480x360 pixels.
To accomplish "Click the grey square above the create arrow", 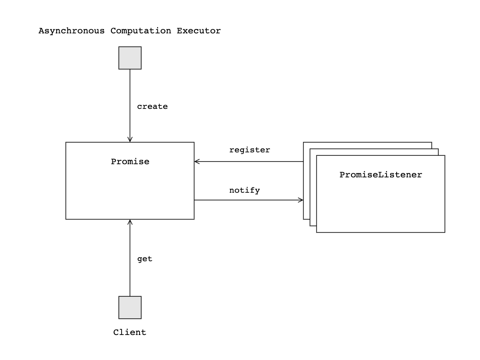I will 130,58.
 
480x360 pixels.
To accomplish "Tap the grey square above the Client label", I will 130,307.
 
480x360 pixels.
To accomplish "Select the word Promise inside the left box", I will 130,162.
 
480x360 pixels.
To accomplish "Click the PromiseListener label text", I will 380,175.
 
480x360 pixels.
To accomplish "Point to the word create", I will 152,106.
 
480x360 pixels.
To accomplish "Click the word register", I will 250,150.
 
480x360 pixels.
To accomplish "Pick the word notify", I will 244,190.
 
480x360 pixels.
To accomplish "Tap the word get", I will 145,259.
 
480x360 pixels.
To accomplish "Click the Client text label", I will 130,332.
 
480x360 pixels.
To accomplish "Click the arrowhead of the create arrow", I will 130,140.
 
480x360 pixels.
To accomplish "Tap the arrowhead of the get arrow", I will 130,222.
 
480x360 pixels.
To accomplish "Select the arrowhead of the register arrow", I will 197,162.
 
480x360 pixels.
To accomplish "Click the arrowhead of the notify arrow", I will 301,200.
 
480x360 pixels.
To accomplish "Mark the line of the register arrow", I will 250,162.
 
